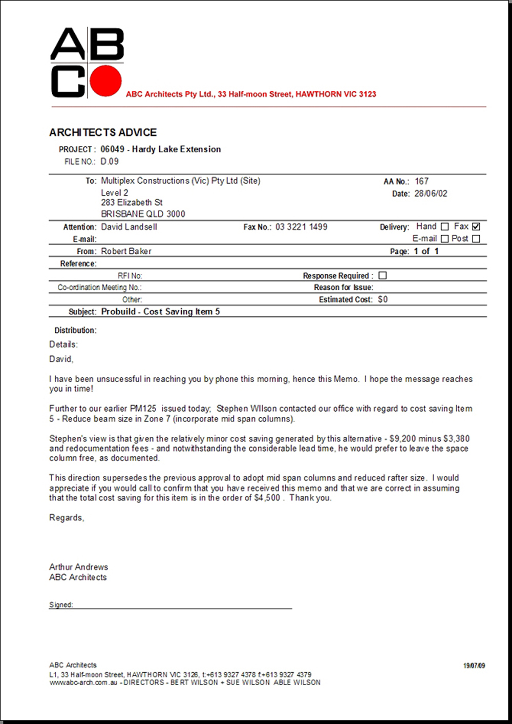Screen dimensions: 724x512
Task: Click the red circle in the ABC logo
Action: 106,81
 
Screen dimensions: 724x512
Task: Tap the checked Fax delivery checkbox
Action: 476,227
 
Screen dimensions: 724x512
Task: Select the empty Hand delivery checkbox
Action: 444,227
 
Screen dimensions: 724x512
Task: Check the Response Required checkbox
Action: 382,275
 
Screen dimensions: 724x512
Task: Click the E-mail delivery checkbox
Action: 444,239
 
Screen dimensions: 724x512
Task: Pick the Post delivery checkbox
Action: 476,239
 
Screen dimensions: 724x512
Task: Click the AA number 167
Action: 422,182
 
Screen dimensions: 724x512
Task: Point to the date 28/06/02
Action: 431,194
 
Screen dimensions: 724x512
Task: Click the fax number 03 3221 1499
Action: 301,227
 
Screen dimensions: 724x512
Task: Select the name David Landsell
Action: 129,227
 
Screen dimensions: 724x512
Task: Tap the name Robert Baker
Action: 126,251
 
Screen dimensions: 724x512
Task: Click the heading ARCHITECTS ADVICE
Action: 103,132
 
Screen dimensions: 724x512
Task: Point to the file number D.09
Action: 110,162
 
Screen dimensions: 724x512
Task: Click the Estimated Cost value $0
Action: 382,299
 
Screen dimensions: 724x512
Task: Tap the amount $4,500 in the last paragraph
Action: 267,498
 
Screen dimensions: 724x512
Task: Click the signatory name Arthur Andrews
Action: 78,567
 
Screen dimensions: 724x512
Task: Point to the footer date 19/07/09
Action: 474,666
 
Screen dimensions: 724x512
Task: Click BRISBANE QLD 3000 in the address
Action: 143,214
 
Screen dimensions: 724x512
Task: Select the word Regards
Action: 66,518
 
